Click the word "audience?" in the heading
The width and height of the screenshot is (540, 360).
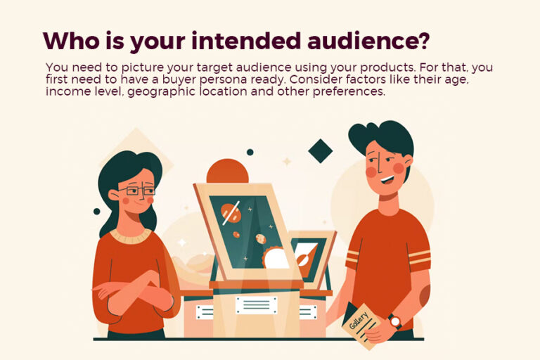[x=373, y=41]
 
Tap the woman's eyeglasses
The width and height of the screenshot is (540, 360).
[x=135, y=190]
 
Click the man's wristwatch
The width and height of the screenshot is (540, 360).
[x=395, y=322]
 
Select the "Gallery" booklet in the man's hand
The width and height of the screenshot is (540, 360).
[x=363, y=324]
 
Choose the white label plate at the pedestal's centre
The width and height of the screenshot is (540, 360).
[x=256, y=304]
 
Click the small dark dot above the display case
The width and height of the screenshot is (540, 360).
[x=250, y=152]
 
